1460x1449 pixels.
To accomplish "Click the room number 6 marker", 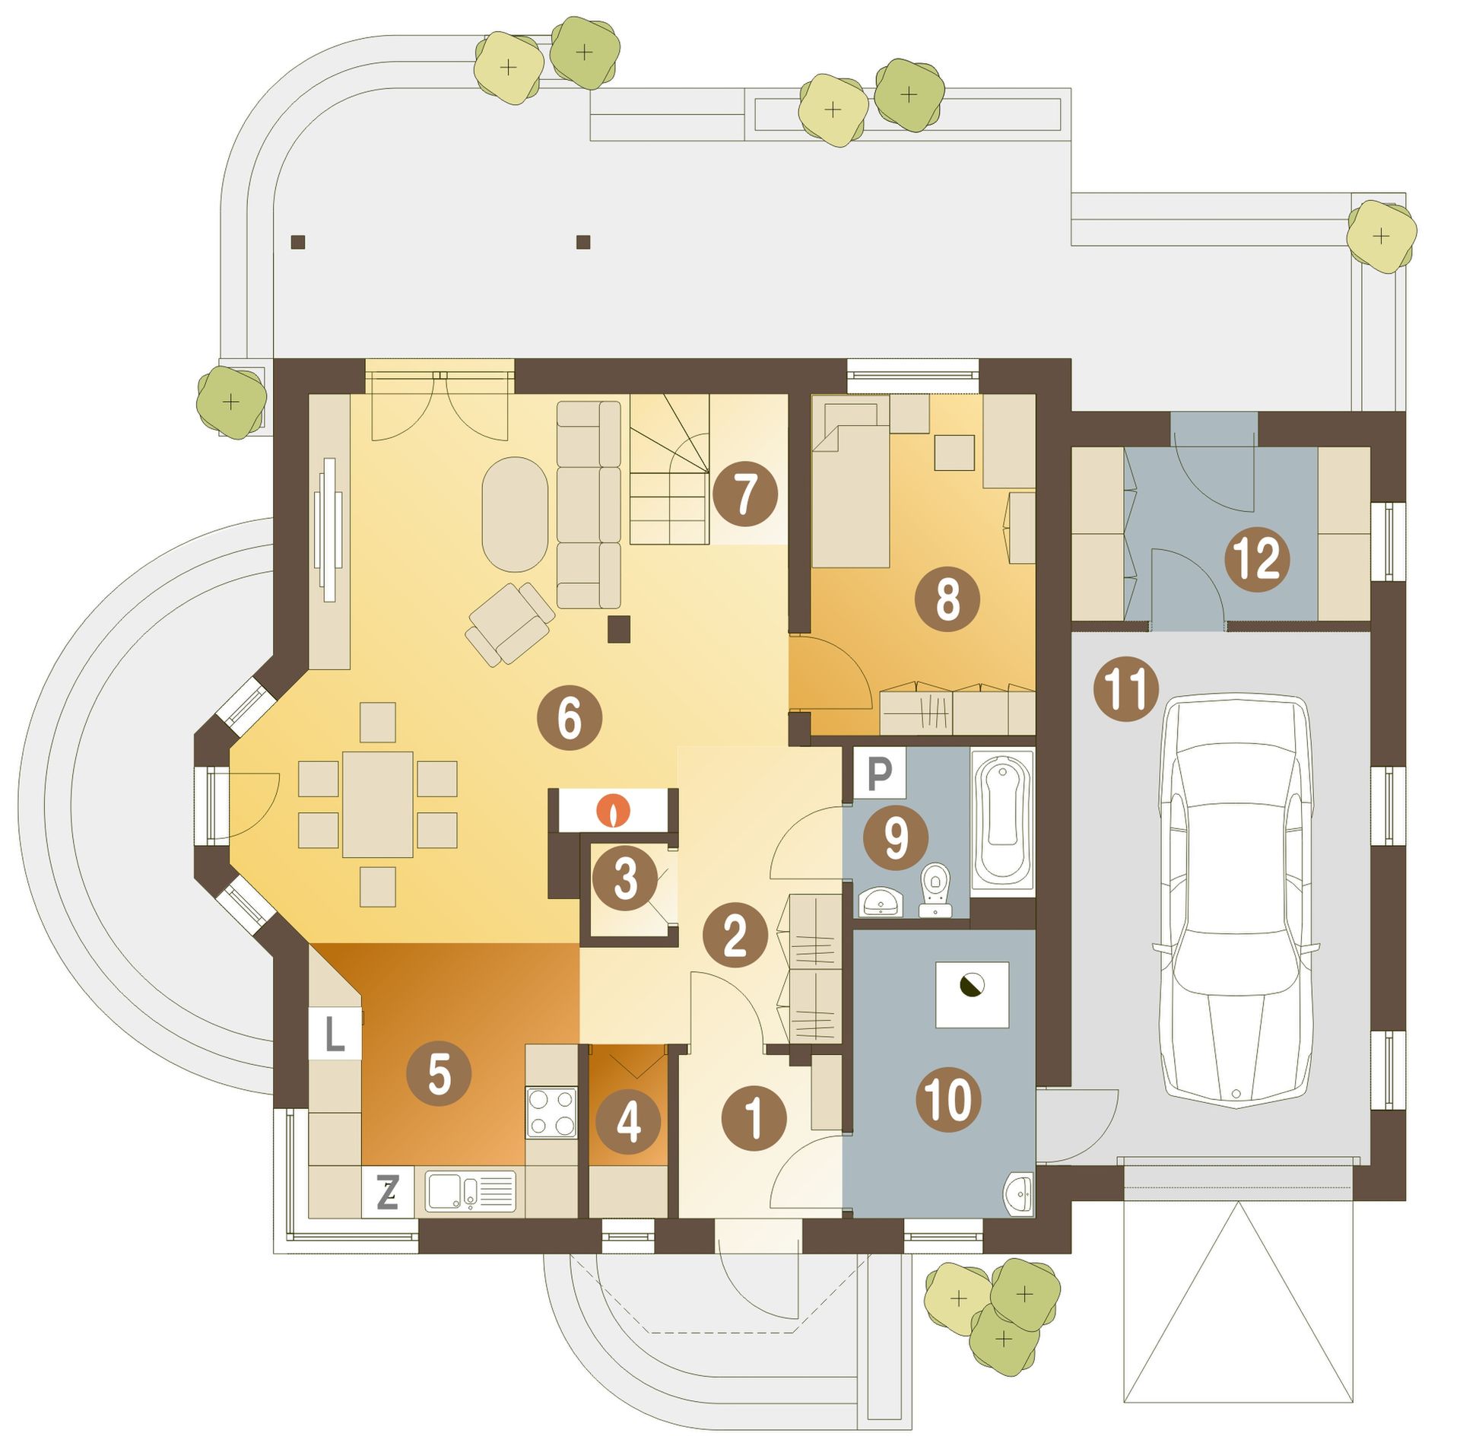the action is pos(570,718).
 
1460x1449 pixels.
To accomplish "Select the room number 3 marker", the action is pos(625,880).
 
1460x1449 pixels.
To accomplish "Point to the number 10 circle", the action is pos(950,1098).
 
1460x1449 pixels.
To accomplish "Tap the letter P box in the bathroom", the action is pos(879,774).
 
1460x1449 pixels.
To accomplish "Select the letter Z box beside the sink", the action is pos(388,1192).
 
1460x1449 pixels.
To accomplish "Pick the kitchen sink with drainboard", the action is pos(470,1190).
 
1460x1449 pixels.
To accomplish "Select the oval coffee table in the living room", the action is pos(515,513).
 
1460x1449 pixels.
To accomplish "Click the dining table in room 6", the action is pos(378,804).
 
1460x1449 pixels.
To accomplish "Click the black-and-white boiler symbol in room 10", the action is pos(971,985).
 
